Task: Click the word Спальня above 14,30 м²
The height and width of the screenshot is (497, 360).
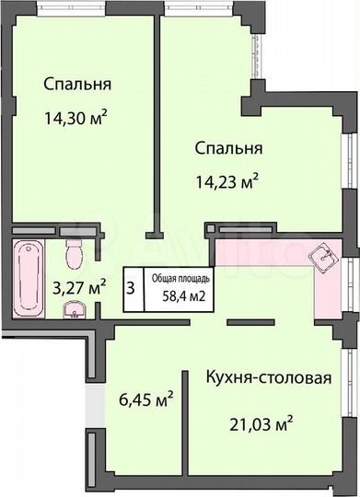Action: click(x=76, y=84)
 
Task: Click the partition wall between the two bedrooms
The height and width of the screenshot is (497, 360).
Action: click(x=157, y=120)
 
